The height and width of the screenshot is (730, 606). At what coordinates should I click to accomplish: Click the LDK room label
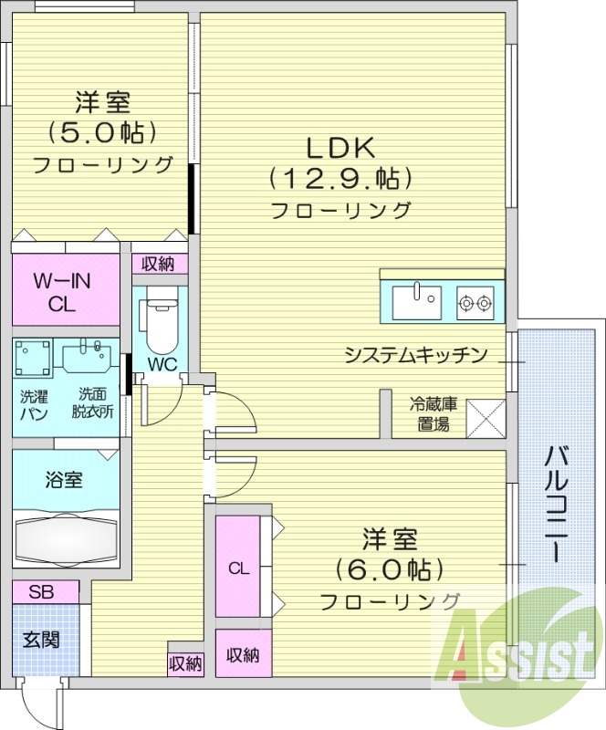pyautogui.click(x=340, y=146)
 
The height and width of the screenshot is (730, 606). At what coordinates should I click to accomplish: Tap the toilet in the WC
pyautogui.click(x=161, y=323)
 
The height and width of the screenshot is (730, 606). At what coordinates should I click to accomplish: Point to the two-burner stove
pyautogui.click(x=475, y=300)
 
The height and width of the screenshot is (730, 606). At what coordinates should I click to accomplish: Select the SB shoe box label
pyautogui.click(x=41, y=592)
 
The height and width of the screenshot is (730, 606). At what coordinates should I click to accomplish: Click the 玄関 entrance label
pyautogui.click(x=41, y=639)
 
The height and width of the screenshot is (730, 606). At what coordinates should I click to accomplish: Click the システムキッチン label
pyautogui.click(x=416, y=355)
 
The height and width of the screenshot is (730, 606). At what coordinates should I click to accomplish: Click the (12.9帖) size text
pyautogui.click(x=340, y=177)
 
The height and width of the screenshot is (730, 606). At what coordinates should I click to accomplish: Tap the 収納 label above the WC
pyautogui.click(x=159, y=264)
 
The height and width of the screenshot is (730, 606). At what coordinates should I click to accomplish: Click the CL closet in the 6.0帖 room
pyautogui.click(x=238, y=568)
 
